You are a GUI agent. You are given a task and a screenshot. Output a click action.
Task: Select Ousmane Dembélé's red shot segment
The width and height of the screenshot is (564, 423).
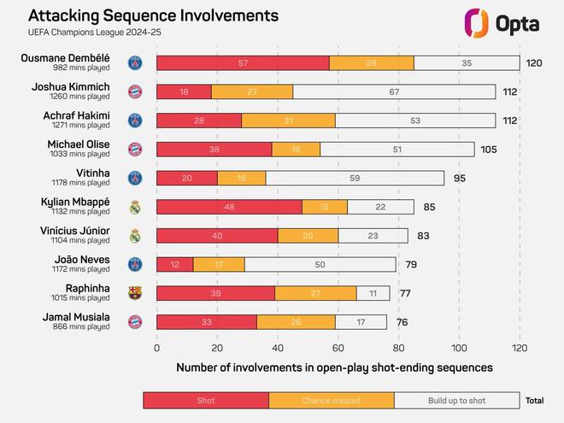(x=244, y=63)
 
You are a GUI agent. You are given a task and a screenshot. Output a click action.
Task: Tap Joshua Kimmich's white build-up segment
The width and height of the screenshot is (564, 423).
(x=395, y=91)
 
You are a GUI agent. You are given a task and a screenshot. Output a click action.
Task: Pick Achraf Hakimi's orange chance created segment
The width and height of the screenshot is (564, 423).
(x=288, y=120)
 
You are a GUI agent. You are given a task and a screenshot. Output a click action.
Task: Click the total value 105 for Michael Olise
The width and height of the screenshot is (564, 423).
(x=489, y=150)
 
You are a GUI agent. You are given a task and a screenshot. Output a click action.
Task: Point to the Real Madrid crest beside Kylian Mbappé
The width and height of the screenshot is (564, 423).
(x=134, y=207)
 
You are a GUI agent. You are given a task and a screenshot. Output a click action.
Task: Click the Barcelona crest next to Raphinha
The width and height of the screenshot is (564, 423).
(x=134, y=294)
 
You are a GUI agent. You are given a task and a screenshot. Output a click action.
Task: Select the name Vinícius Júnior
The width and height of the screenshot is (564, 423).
(x=76, y=231)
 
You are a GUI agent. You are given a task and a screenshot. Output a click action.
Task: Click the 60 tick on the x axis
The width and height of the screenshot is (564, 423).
(x=338, y=348)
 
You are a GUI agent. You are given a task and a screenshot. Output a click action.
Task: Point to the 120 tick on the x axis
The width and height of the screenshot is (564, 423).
(x=520, y=348)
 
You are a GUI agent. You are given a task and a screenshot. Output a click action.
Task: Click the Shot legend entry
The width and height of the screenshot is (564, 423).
(x=205, y=400)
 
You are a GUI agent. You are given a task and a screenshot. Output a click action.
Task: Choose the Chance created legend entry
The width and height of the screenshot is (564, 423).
(x=331, y=400)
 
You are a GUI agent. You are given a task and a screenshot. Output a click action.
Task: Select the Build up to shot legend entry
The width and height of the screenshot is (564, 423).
(x=456, y=400)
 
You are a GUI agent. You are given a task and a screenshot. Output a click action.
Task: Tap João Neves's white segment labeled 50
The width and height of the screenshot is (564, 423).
(x=320, y=265)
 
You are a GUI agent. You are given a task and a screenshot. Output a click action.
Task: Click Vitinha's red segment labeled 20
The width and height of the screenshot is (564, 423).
(x=187, y=179)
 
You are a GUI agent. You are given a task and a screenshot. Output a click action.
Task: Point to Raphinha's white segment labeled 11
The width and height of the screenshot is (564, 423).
(x=373, y=294)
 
